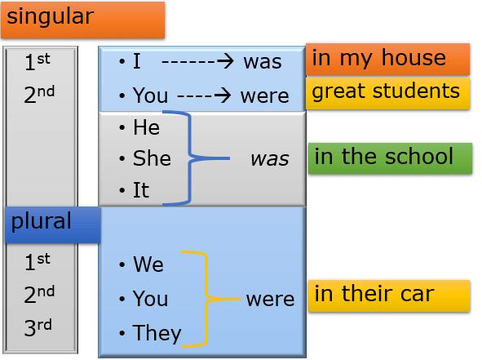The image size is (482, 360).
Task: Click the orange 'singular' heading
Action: coord(82,20)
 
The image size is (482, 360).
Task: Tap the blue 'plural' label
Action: coord(53,225)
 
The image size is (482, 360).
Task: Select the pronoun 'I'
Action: coord(137,61)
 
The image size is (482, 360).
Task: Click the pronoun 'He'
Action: coord(146,127)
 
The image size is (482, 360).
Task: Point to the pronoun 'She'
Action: coord(152,158)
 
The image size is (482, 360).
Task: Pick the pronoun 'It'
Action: coord(141,190)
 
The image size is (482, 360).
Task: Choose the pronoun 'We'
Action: coord(148,264)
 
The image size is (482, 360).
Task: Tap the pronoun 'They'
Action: coord(157,333)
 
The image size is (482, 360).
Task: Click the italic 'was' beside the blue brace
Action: coord(270,159)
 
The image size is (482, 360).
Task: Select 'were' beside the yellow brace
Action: coord(270,300)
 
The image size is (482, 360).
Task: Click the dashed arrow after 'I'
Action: coord(197,61)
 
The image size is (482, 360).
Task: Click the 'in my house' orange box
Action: coord(388,60)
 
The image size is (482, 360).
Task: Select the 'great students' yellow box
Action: coord(388,93)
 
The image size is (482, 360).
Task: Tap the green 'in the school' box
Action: coord(390,158)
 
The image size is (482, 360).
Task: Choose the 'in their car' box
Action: coord(389,296)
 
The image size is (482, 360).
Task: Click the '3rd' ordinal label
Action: coord(38,327)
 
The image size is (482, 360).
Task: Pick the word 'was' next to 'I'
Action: coord(263,62)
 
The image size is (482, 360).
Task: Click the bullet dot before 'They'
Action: coord(122,333)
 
